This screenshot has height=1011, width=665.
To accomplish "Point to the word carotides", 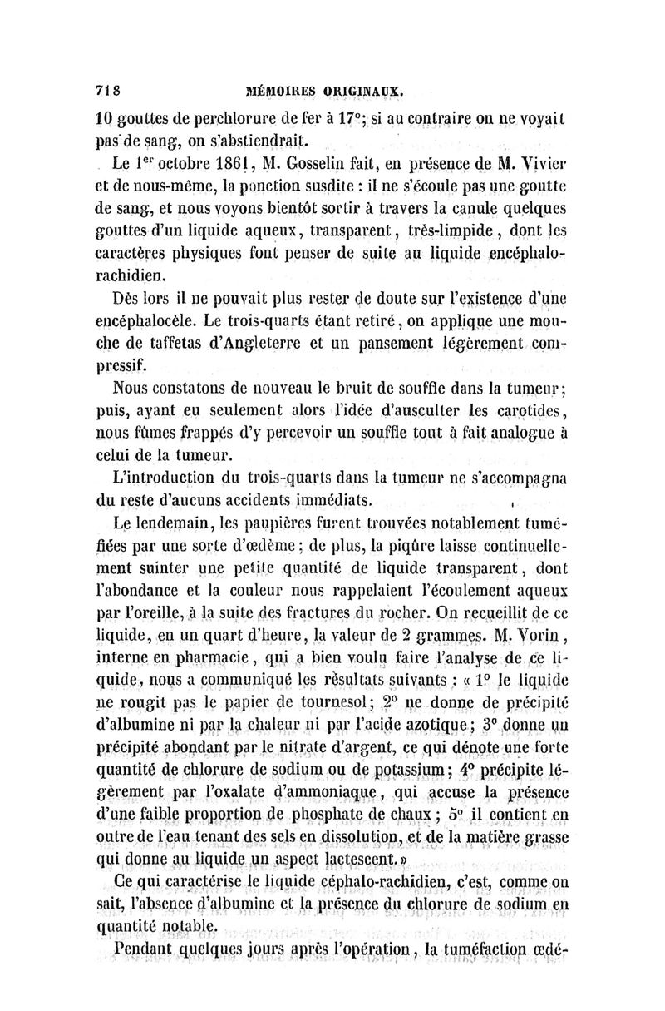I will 523,411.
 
